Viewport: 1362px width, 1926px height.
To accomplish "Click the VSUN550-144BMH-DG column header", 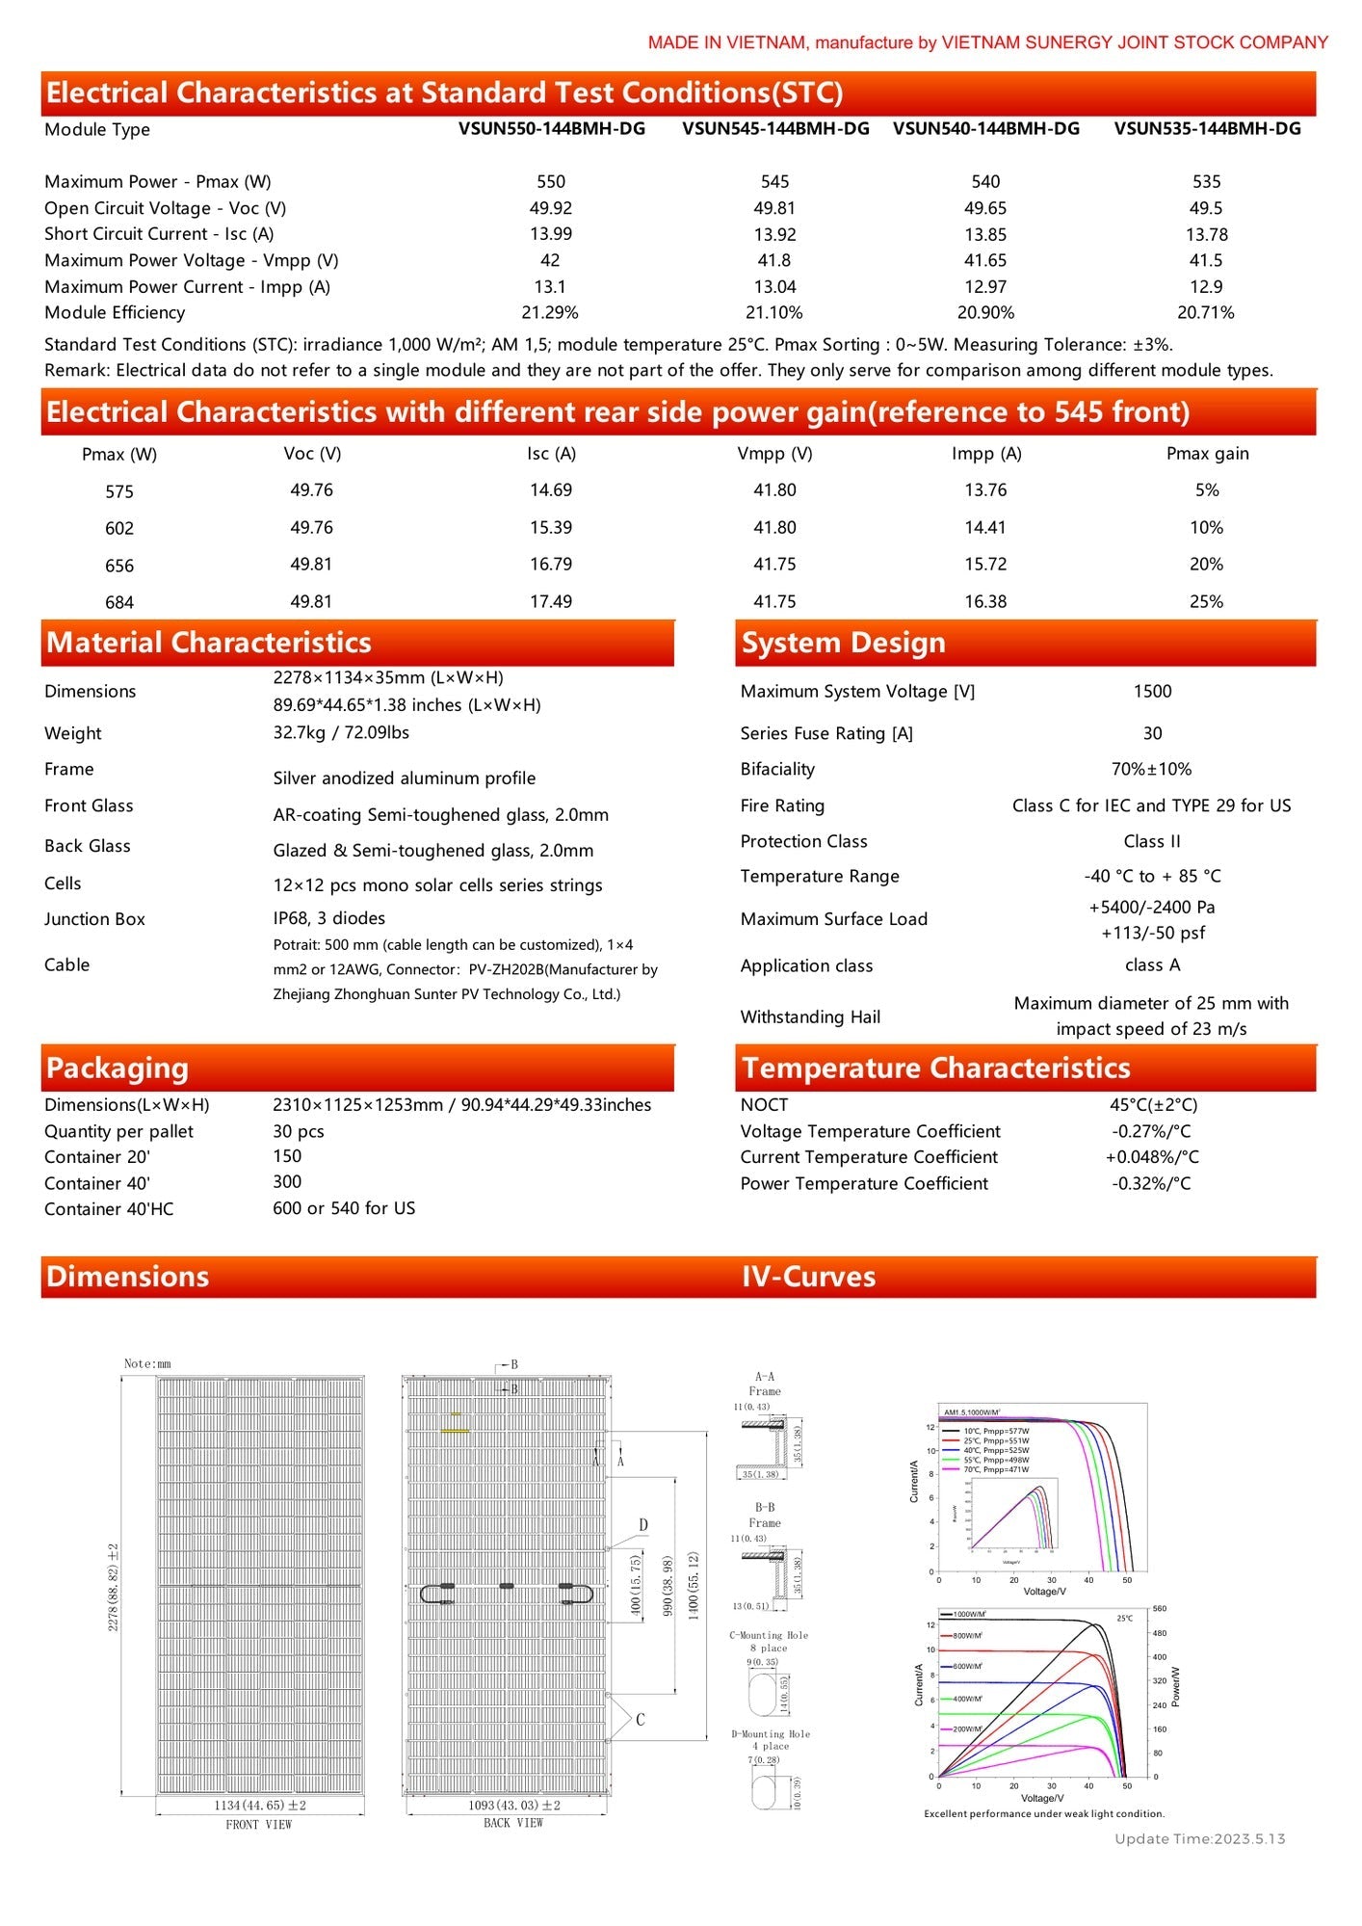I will [x=551, y=129].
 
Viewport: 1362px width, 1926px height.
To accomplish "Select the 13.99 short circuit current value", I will [x=551, y=234].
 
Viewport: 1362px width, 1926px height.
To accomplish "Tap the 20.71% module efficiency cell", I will [x=1205, y=312].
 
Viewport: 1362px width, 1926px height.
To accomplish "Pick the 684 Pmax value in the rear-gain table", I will [x=119, y=603].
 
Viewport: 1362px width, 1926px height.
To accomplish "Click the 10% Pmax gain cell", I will [x=1206, y=528].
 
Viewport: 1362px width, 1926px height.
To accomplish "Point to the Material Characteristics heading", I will [x=209, y=643].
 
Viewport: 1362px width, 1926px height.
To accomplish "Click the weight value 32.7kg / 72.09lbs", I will [x=341, y=733].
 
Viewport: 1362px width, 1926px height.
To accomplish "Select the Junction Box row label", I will [x=94, y=919].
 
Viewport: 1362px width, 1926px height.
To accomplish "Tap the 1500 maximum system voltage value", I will [x=1152, y=692].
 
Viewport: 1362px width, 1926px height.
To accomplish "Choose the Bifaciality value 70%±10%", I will [x=1151, y=769].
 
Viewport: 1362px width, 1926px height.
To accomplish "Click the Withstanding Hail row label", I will [x=810, y=1016].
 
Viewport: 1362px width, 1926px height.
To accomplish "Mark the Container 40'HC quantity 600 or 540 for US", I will [x=344, y=1208].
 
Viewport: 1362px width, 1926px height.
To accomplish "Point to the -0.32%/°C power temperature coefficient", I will [x=1151, y=1183].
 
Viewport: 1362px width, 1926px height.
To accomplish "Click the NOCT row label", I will [x=764, y=1105].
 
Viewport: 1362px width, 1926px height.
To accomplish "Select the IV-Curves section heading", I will [x=808, y=1277].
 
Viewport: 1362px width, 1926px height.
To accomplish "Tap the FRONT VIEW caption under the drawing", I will [x=258, y=1824].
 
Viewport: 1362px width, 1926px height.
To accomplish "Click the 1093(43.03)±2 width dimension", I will [x=513, y=1805].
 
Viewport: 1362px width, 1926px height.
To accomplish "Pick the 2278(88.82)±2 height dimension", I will [x=114, y=1586].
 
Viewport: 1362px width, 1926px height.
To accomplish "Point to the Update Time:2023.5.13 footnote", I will [x=1199, y=1838].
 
